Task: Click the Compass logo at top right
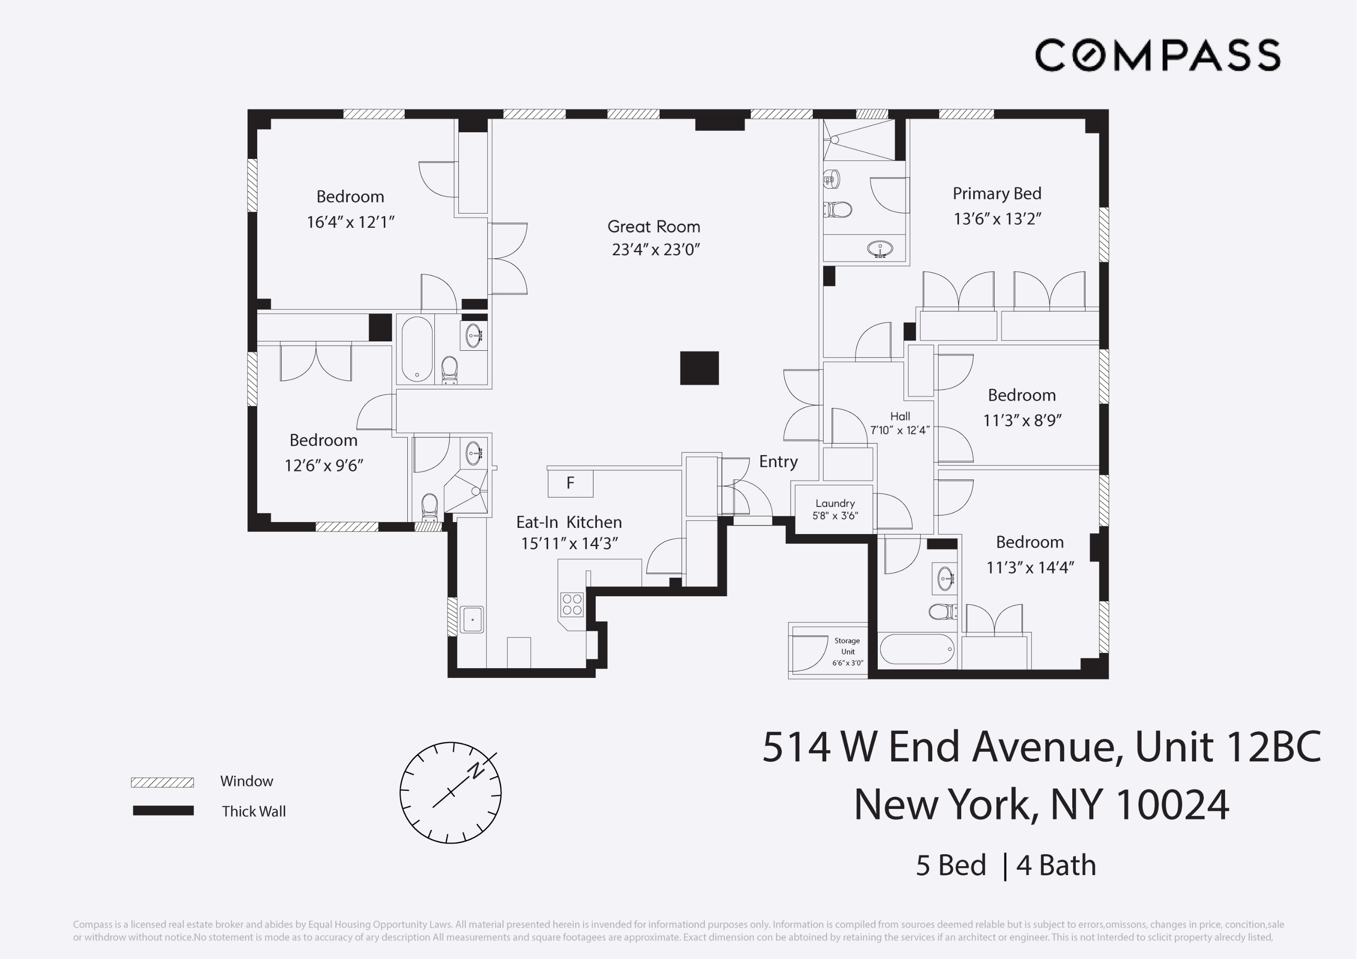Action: (x=1157, y=55)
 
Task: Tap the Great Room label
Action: (x=654, y=227)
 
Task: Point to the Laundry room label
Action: (x=835, y=503)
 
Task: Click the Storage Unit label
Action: (x=848, y=646)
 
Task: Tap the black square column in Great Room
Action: (x=699, y=368)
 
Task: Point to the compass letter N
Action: (x=476, y=770)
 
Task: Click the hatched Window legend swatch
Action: (x=163, y=782)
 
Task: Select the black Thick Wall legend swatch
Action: (x=163, y=811)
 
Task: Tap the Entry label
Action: (x=778, y=461)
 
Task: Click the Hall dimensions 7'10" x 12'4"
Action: (x=899, y=431)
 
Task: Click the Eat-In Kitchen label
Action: (x=569, y=522)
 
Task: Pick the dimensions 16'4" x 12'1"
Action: (x=350, y=222)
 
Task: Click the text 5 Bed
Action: (x=951, y=866)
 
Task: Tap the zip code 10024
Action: (x=1172, y=805)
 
